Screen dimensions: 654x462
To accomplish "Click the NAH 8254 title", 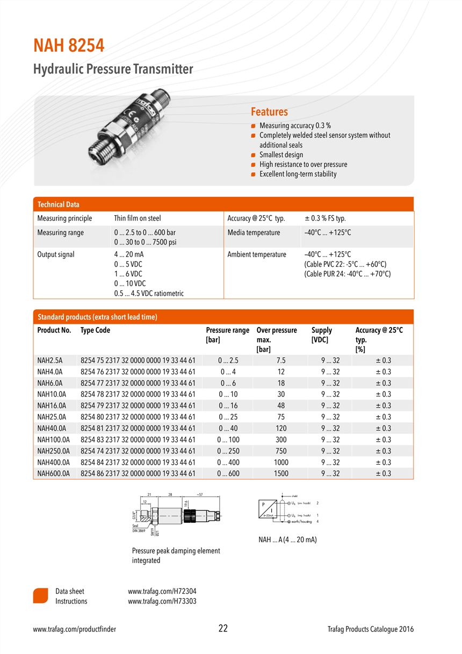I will [x=69, y=46].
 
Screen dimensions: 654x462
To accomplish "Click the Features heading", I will [x=269, y=112].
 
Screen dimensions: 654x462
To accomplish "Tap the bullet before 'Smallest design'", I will [x=253, y=155].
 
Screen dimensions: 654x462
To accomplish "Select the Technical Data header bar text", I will [x=58, y=204].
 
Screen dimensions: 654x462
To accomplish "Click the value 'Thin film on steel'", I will [x=137, y=218].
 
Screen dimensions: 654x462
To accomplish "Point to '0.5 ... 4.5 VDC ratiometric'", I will [x=149, y=294].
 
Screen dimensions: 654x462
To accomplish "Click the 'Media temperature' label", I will [x=254, y=233].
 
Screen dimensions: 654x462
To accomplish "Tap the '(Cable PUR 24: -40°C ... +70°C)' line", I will [x=347, y=274].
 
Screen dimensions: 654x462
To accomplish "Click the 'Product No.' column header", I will [x=54, y=330].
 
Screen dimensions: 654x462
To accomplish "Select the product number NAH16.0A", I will [x=52, y=406].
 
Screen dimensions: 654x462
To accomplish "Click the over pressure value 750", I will [x=280, y=451].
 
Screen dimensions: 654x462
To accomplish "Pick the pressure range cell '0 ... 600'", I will [x=228, y=474].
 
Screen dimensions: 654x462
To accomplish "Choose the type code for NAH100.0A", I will [x=138, y=440].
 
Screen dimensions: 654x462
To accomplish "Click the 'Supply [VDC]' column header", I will [x=321, y=335].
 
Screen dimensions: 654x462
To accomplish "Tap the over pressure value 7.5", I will [x=280, y=360].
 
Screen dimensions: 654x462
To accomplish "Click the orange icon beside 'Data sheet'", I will [x=41, y=596].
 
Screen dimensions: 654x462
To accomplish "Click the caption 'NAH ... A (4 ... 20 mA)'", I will [x=287, y=539].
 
